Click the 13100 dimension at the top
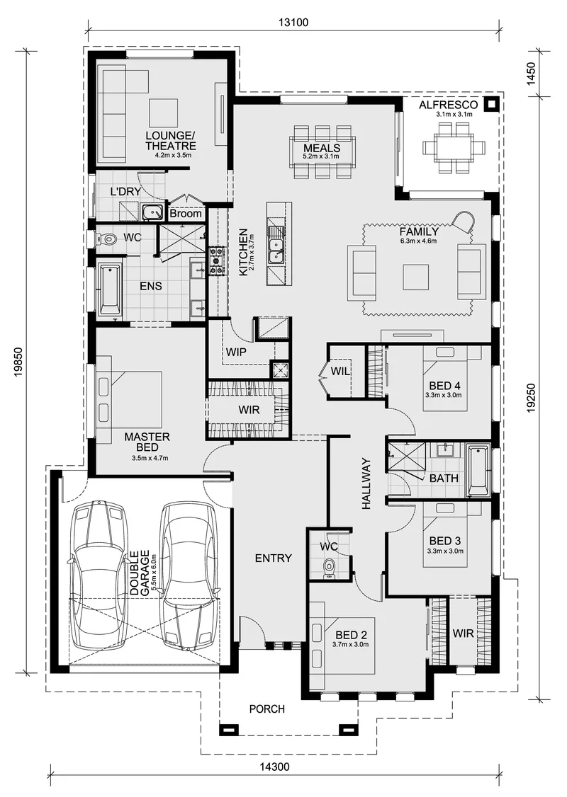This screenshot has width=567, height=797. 293,23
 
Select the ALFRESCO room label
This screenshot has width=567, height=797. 449,105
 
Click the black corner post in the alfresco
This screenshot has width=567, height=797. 491,104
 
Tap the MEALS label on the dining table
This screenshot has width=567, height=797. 322,148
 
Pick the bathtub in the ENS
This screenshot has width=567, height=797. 109,289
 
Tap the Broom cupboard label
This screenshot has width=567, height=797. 186,214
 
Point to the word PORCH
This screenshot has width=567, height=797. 266,709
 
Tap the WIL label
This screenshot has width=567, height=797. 340,372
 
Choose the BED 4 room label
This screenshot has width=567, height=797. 444,385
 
